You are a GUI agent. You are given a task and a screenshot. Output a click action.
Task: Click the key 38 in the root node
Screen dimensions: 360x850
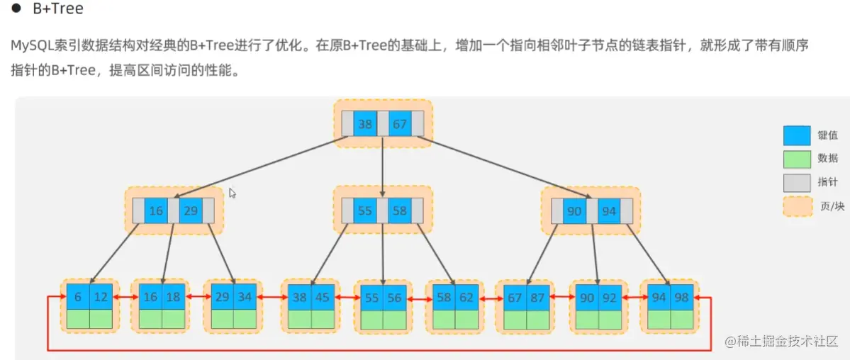point(365,124)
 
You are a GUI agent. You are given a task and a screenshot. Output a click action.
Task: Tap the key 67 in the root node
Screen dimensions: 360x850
point(400,124)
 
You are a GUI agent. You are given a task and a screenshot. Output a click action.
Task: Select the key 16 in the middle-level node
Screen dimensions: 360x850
point(156,210)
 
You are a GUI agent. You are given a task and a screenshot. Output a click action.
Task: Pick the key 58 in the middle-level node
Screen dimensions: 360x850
point(400,210)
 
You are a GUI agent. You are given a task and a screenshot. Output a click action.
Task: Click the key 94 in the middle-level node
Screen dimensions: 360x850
point(609,210)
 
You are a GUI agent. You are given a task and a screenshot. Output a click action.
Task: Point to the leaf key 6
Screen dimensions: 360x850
point(77,297)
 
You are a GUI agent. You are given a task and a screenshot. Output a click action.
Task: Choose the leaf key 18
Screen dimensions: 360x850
point(173,297)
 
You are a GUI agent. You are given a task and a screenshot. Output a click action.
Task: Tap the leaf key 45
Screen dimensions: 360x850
point(323,297)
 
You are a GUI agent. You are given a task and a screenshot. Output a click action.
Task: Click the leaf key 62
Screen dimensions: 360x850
point(466,297)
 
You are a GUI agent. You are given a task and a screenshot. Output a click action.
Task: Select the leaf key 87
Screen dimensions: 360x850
point(537,297)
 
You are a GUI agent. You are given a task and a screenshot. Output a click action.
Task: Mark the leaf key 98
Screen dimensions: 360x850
point(681,297)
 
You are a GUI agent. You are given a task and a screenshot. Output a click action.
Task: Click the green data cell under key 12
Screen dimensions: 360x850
point(101,319)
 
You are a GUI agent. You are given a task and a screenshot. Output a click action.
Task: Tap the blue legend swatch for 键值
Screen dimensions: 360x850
point(796,135)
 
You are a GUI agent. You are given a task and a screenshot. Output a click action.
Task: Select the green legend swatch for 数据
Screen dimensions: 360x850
point(796,159)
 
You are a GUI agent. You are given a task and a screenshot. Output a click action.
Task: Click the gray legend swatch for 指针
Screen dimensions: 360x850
point(796,182)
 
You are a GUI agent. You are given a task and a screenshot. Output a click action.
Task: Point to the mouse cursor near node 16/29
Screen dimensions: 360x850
point(233,193)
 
